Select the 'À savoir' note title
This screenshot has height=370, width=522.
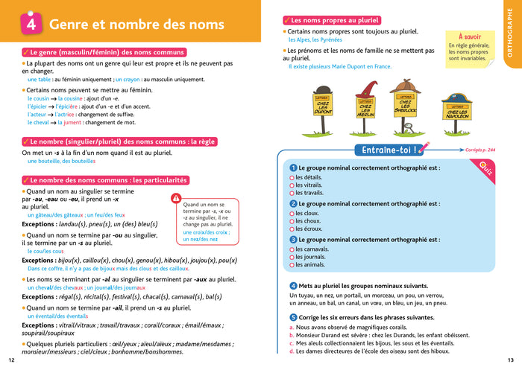click(471, 36)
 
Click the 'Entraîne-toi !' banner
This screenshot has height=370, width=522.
click(389, 150)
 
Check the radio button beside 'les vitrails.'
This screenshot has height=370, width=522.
click(292, 185)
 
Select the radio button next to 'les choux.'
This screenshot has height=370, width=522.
click(292, 221)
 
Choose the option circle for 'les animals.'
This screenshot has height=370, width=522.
click(292, 264)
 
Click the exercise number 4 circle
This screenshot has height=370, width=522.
click(293, 285)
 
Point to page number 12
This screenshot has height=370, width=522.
click(11, 360)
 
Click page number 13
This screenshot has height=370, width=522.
click(510, 360)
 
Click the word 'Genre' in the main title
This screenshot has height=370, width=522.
click(72, 25)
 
